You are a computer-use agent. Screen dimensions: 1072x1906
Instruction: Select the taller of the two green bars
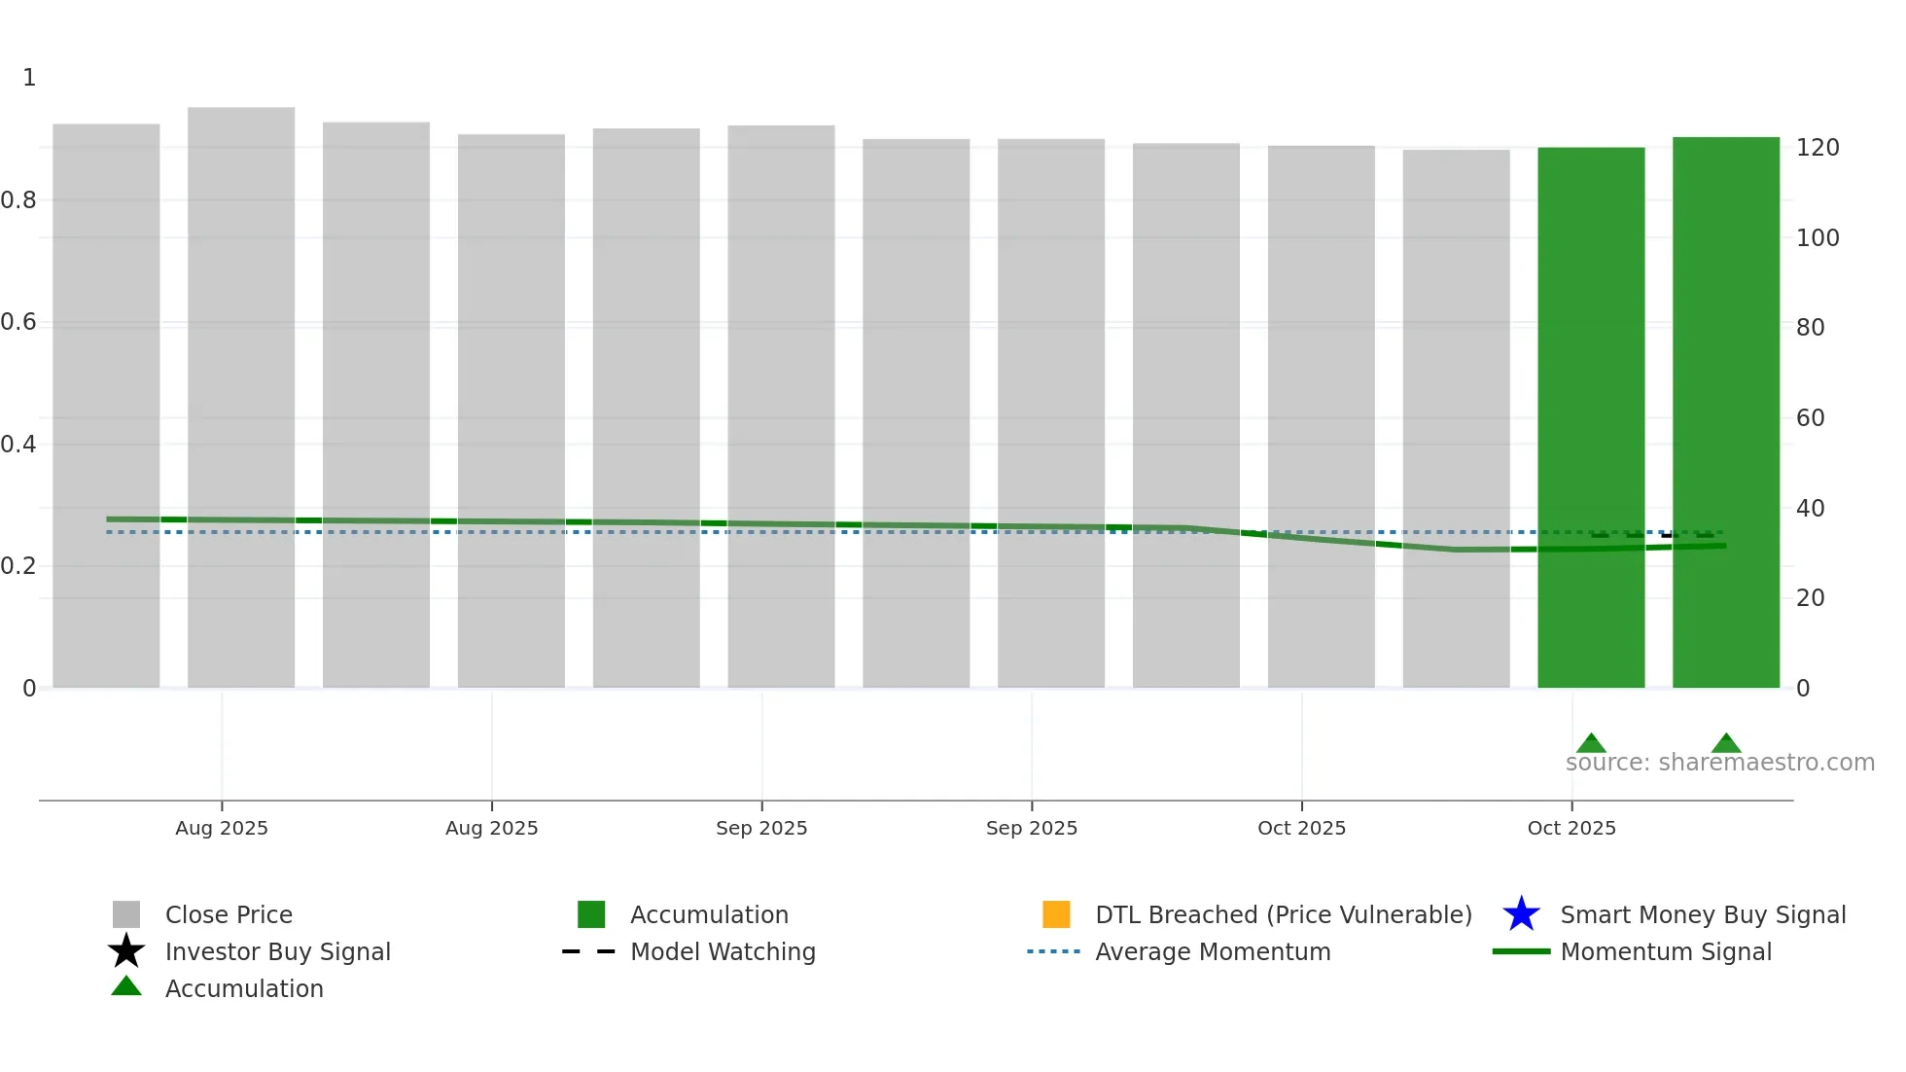[x=1725, y=412]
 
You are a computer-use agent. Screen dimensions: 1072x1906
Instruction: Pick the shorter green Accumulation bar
[x=1591, y=418]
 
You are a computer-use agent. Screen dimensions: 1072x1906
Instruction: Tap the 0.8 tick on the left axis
[x=18, y=200]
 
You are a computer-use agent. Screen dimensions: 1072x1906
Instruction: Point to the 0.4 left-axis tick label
[x=18, y=445]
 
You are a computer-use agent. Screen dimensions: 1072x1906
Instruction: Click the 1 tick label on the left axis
[x=29, y=78]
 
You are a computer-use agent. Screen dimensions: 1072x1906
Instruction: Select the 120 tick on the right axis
[x=1818, y=148]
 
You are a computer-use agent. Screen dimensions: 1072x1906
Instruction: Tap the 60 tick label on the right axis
[x=1810, y=418]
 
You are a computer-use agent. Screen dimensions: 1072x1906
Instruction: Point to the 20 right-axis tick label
[x=1810, y=598]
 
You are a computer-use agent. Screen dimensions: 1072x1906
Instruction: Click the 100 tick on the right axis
[x=1818, y=238]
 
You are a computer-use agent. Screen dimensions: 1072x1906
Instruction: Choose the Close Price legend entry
[x=229, y=915]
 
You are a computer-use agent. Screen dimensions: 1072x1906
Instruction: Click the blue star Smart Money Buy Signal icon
[x=1521, y=914]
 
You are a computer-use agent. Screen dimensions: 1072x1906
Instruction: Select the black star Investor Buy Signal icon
[x=126, y=951]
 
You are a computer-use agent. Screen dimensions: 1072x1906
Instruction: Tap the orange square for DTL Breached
[x=1056, y=914]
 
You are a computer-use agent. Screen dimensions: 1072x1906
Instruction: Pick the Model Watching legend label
[x=723, y=952]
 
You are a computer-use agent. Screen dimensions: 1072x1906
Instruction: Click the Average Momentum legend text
[x=1213, y=952]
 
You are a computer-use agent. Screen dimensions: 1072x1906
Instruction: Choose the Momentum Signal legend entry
[x=1666, y=952]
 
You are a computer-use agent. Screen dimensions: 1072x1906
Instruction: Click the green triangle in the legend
[x=126, y=986]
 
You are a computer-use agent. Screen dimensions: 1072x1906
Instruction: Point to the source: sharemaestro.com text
[x=1719, y=763]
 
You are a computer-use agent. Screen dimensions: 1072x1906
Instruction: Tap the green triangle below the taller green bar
[x=1726, y=743]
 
